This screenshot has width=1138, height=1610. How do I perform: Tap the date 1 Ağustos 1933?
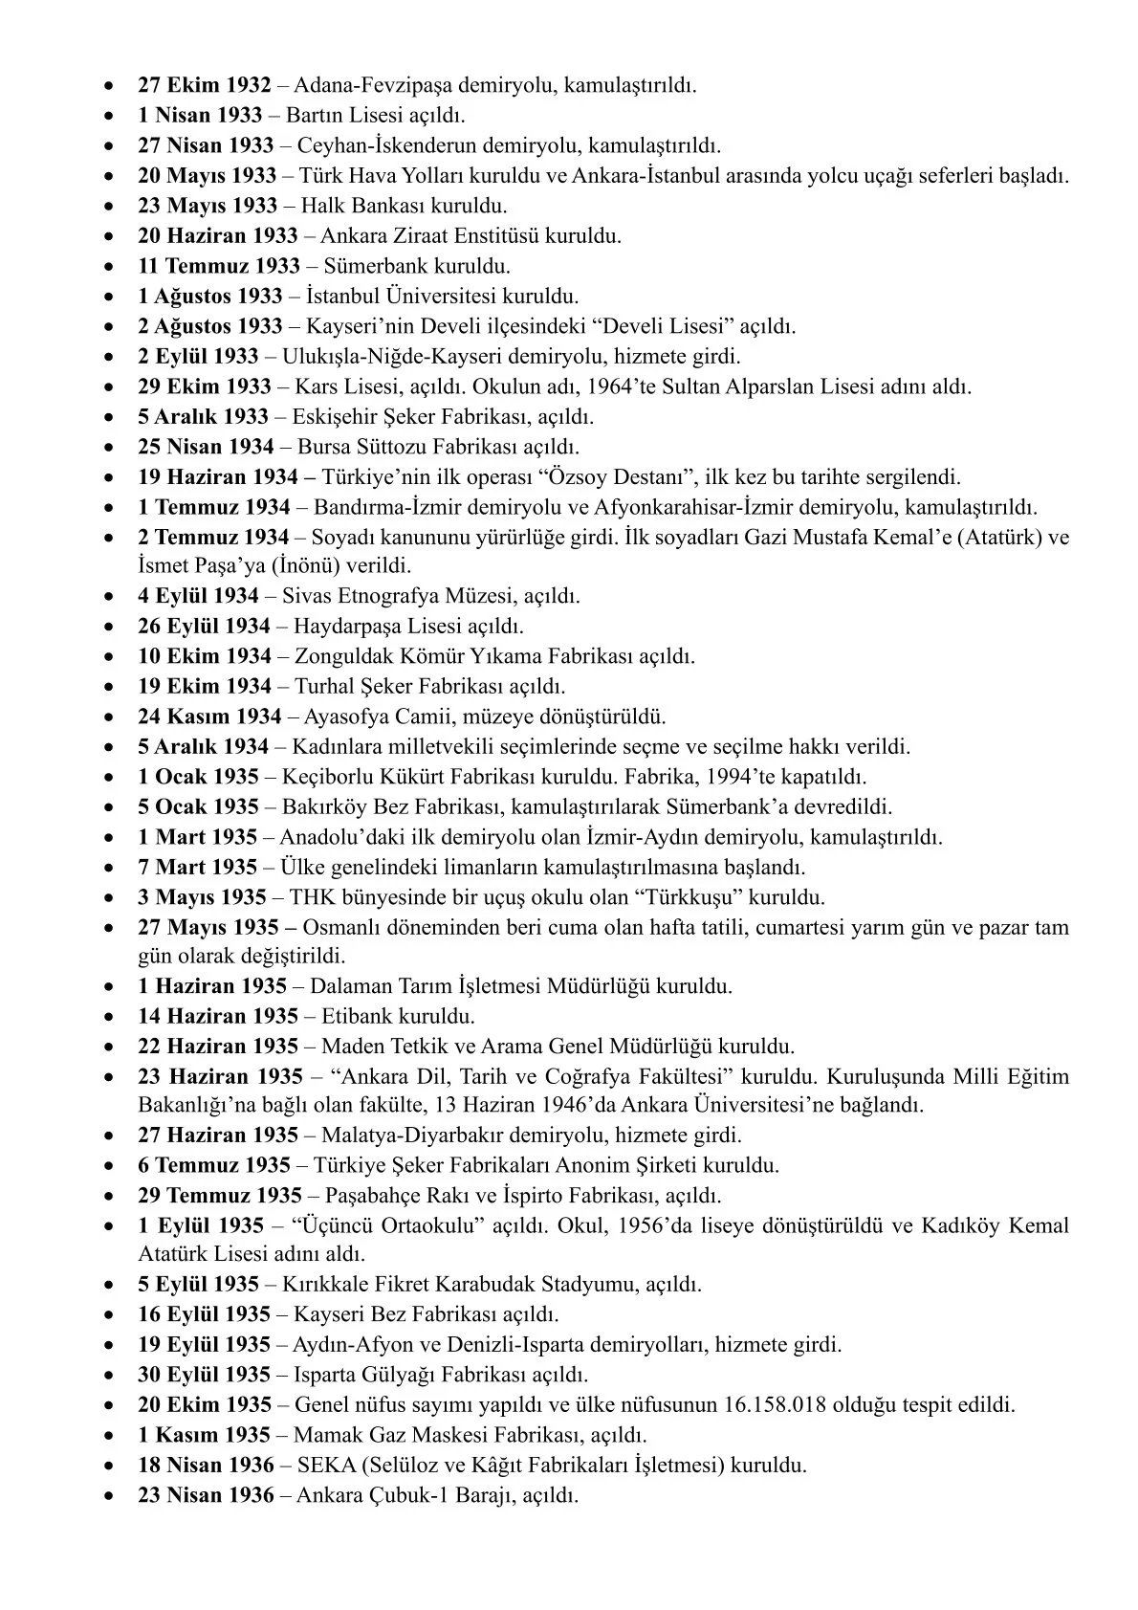[210, 297]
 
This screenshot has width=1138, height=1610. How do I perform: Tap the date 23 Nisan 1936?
[205, 1495]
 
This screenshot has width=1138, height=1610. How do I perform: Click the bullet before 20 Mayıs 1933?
[112, 177]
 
